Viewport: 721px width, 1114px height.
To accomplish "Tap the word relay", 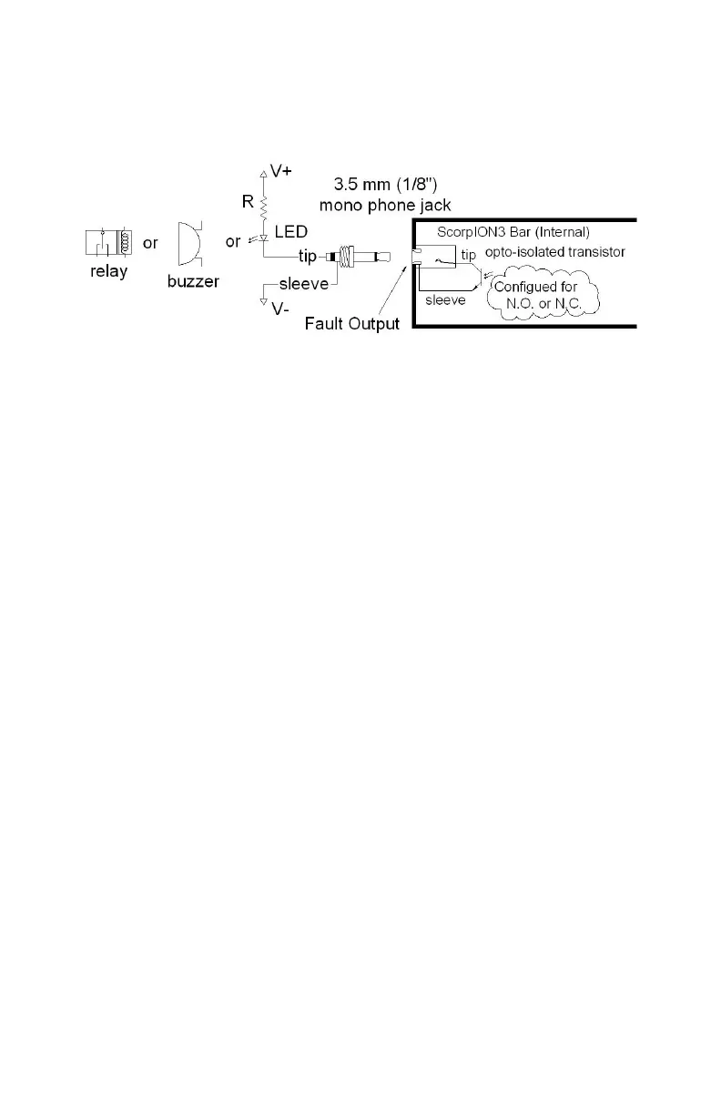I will click(108, 272).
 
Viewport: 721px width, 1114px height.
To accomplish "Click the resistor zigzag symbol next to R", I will click(264, 204).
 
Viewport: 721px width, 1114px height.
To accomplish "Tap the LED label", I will click(291, 234).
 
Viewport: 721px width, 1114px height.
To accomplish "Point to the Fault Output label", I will click(352, 323).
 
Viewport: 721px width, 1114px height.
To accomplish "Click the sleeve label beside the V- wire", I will click(304, 284).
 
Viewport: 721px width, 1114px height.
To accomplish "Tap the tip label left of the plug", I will click(308, 258).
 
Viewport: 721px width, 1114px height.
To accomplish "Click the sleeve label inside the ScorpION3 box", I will click(444, 298).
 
